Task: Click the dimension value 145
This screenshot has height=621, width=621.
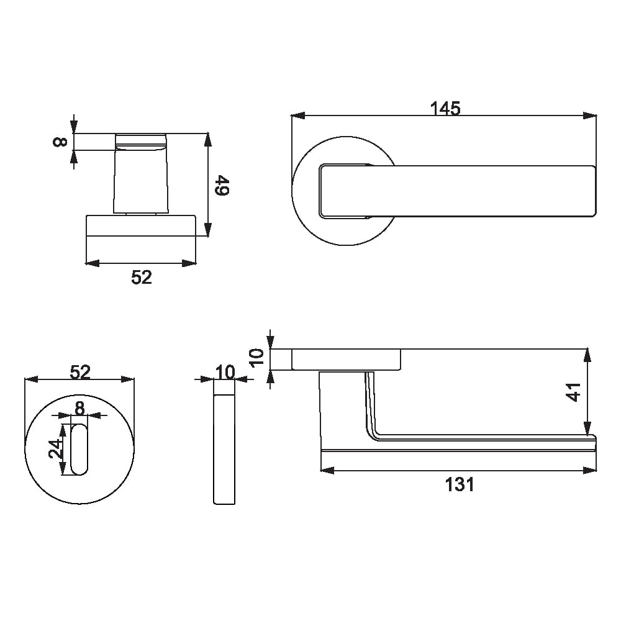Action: tap(445, 109)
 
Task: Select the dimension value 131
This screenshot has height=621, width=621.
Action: tap(460, 484)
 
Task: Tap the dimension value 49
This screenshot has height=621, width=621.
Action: tap(222, 185)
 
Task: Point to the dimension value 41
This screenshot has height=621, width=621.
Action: tap(574, 392)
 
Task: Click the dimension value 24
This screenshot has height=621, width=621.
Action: tap(56, 449)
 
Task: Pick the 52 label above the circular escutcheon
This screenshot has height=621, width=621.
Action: tap(80, 372)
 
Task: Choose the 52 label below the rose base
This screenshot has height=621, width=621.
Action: tap(142, 277)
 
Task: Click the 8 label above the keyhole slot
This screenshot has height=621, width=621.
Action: tap(79, 408)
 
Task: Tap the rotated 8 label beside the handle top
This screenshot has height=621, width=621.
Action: tap(60, 142)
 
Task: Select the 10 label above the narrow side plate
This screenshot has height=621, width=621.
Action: tap(225, 372)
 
